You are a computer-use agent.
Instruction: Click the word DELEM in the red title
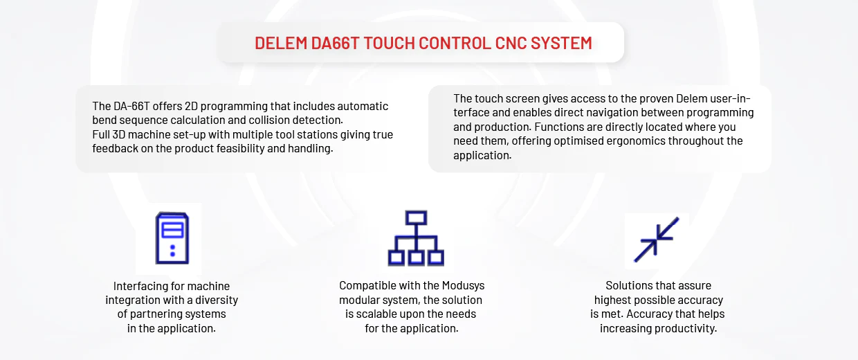click(x=281, y=43)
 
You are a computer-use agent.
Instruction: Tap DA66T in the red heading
click(x=335, y=43)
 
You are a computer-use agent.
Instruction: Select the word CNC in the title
click(x=511, y=43)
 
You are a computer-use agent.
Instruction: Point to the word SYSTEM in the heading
click(x=561, y=43)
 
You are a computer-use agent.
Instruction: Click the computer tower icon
click(x=172, y=237)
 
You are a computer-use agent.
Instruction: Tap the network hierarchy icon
click(x=416, y=238)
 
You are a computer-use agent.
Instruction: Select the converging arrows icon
click(x=657, y=240)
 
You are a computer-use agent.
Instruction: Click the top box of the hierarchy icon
click(x=416, y=218)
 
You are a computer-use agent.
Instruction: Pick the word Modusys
click(x=463, y=286)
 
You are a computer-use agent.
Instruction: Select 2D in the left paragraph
click(x=191, y=106)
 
